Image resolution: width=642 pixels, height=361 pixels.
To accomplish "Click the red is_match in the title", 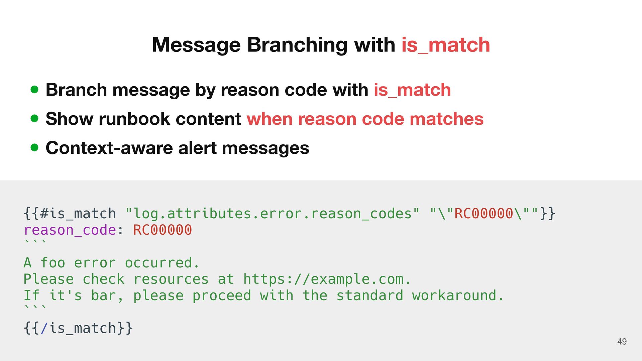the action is tap(445, 45).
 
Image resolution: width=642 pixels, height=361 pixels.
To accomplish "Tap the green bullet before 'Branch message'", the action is tap(34, 90).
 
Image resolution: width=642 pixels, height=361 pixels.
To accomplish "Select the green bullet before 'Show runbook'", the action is tap(34, 119).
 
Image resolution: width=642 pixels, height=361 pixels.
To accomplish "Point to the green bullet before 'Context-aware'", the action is tap(34, 147).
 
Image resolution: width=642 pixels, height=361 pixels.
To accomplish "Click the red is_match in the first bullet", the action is tap(412, 90).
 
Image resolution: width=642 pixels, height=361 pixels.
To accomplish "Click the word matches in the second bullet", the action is tap(446, 119).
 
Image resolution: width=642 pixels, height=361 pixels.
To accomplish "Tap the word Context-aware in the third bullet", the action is tap(109, 148).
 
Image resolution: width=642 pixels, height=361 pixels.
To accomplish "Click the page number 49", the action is tap(622, 342).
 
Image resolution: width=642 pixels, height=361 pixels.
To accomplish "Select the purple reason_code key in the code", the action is tap(70, 230).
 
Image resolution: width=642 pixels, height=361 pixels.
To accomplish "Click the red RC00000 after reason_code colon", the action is tap(163, 230).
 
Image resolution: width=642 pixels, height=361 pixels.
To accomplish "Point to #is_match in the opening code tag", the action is tap(78, 214).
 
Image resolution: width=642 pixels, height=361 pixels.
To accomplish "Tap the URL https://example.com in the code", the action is tap(323, 279).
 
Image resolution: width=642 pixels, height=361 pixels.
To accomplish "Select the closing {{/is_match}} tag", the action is tap(78, 328).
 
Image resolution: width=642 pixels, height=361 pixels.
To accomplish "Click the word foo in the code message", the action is tap(53, 263).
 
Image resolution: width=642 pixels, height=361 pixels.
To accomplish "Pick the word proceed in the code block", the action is tap(221, 295).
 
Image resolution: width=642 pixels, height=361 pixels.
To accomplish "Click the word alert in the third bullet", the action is tap(197, 148).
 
